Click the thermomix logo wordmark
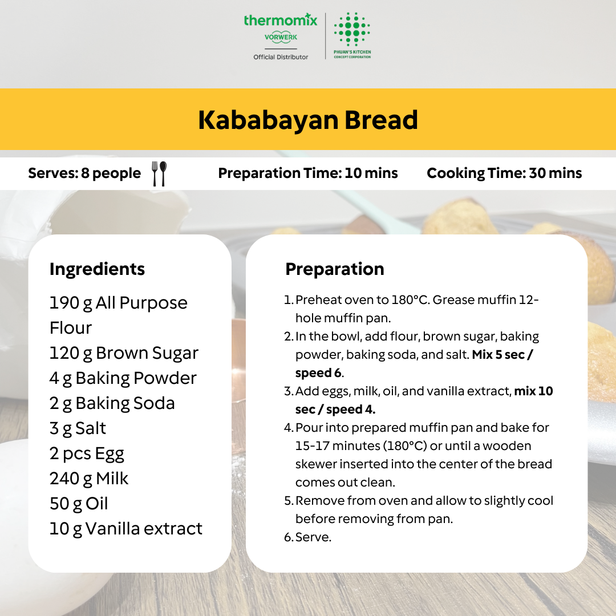click(280, 20)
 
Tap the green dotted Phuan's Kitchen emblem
click(352, 30)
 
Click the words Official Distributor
click(281, 57)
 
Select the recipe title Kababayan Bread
click(308, 120)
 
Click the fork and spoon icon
click(160, 173)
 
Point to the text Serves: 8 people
click(84, 173)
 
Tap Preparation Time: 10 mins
click(308, 173)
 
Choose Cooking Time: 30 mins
click(504, 173)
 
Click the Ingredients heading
click(98, 269)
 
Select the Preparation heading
click(335, 269)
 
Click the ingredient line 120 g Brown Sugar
click(124, 353)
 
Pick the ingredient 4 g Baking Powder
click(123, 378)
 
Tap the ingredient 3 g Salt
click(78, 428)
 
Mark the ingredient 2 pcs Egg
click(87, 453)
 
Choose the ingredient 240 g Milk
click(89, 479)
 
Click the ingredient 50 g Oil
click(79, 504)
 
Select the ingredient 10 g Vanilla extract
click(126, 529)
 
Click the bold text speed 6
click(319, 373)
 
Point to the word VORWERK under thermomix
click(281, 37)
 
